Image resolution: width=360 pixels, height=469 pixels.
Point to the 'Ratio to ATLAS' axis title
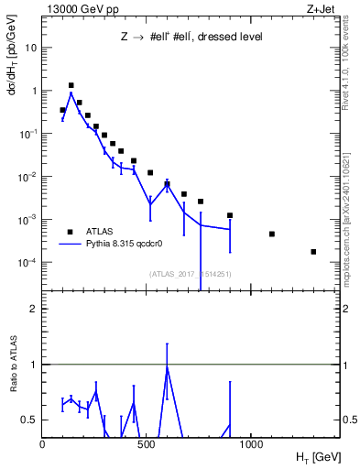[x=14, y=392]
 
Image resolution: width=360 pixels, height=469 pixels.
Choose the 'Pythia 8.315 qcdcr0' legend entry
[x=127, y=245]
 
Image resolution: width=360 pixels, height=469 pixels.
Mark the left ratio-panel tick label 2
[x=32, y=309]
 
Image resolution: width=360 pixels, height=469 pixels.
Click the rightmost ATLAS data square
[x=313, y=252]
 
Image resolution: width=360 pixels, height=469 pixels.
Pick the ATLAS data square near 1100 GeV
[x=272, y=234]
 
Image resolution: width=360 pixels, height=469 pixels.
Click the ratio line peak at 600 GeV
[x=167, y=366]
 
